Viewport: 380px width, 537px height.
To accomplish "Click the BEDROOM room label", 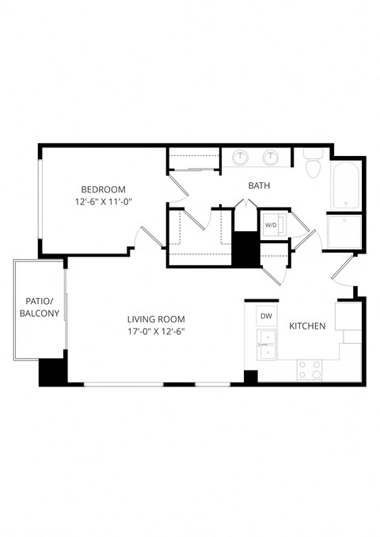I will coord(104,189).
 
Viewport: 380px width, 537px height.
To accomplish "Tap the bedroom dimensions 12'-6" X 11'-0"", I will coord(104,202).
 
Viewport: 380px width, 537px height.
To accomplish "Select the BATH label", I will coord(259,185).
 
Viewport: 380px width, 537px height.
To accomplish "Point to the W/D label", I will coord(271,225).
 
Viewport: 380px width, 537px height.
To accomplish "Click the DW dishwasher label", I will coord(267,316).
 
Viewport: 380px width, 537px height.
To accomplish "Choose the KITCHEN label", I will coord(309,326).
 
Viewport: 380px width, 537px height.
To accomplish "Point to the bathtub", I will coord(346,185).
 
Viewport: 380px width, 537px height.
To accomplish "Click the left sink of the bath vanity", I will coord(240,158).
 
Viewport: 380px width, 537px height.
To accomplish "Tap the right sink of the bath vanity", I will coord(271,158).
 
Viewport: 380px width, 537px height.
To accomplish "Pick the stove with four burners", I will coord(310,370).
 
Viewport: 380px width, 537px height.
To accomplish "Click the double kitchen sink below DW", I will coord(268,345).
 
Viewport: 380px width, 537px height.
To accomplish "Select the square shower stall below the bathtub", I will coord(344,232).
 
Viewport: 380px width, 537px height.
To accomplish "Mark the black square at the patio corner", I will coord(52,372).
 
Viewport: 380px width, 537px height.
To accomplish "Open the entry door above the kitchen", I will coord(344,272).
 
